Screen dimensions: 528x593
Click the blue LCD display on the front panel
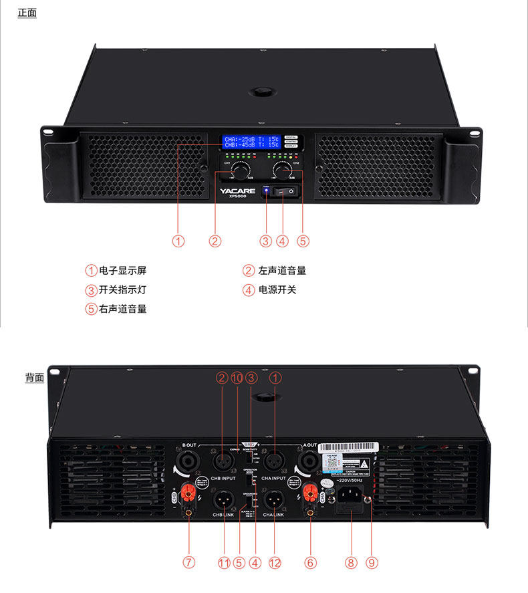[251, 142]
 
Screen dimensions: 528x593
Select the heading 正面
[27, 13]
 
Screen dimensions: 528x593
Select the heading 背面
[35, 378]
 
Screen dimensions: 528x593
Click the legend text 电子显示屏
[122, 271]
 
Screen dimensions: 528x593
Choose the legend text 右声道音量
[122, 309]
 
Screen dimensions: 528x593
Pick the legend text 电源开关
[277, 289]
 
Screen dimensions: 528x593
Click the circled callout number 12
[275, 563]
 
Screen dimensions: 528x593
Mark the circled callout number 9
[372, 563]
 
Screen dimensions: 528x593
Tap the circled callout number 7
[189, 563]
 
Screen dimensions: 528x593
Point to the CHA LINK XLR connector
[274, 499]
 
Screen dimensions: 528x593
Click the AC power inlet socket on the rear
[351, 495]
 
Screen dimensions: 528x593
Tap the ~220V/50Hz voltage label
[351, 481]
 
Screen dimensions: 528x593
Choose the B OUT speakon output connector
[184, 462]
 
